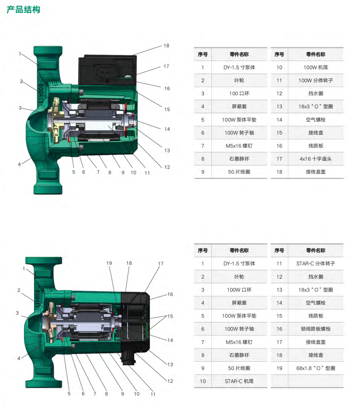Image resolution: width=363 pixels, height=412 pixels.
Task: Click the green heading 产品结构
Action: coord(23,10)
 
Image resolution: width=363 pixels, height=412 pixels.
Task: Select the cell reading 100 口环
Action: coord(239,94)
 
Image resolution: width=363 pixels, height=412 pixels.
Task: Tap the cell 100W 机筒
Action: coord(316,67)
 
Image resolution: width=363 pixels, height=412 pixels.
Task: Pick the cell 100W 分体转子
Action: coord(316,80)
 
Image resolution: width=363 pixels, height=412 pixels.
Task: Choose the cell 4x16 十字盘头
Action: coord(316,159)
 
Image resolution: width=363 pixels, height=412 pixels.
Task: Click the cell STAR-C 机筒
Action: coord(239,381)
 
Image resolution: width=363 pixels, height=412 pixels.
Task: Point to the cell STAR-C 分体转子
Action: coord(316,263)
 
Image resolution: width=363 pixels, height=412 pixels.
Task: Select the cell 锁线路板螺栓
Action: coord(316,329)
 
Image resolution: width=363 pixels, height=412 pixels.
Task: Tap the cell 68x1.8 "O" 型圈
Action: coord(316,368)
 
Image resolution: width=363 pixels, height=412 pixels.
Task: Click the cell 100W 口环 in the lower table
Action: coord(239,290)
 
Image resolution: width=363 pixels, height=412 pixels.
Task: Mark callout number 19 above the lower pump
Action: coord(109,263)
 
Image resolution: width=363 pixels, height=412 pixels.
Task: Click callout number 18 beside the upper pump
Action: coord(166,46)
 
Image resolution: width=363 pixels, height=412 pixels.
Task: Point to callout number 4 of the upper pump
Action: coord(19,164)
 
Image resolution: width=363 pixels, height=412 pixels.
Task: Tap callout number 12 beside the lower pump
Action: coord(170,381)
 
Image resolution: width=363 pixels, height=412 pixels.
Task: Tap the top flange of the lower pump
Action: coord(44,261)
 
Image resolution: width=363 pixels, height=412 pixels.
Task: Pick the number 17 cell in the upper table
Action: coord(279,159)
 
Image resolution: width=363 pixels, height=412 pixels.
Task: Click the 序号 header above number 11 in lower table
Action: coord(279,250)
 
